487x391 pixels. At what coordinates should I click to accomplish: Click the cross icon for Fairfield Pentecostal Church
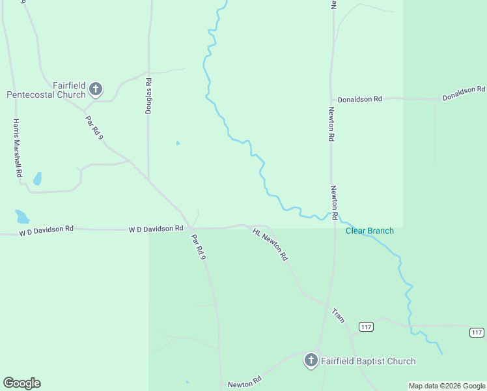tap(96, 89)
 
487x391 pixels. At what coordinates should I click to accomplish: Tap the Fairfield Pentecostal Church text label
tap(46, 90)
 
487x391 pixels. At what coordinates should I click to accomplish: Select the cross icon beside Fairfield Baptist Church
tap(311, 360)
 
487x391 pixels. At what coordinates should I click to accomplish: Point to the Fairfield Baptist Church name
tap(368, 361)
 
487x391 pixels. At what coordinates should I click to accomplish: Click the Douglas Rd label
tap(149, 96)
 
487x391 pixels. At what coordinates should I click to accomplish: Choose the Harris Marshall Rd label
tap(18, 149)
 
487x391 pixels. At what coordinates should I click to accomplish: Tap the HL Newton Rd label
tap(270, 245)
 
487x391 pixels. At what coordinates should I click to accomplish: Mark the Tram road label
tap(338, 315)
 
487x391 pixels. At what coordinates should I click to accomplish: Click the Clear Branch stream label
tap(369, 231)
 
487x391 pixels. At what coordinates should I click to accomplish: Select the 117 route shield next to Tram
tap(366, 326)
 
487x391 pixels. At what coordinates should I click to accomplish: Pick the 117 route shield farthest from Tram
tap(477, 332)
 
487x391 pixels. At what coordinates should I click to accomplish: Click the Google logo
tap(21, 383)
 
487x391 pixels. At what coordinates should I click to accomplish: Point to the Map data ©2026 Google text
tap(447, 386)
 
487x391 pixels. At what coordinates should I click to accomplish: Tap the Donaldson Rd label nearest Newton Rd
tap(359, 99)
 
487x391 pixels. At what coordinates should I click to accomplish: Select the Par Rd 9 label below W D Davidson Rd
tap(199, 248)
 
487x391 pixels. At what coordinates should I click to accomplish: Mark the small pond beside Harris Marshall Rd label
tap(38, 178)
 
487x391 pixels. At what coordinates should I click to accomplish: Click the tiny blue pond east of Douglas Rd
tap(178, 143)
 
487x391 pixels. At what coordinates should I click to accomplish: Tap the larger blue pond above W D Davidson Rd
tap(22, 216)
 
